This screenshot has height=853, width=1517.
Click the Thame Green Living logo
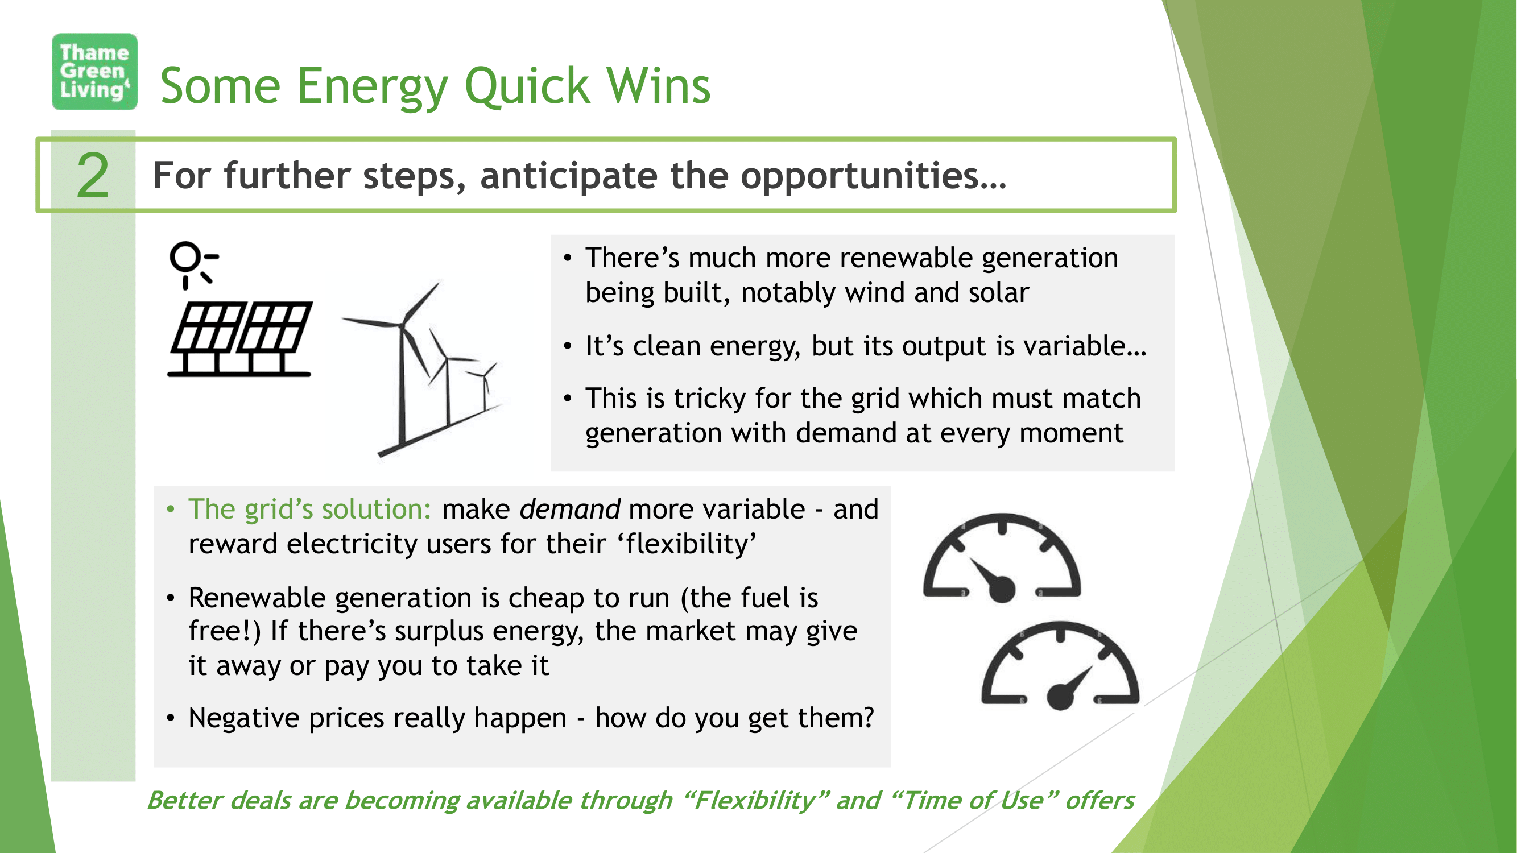point(94,71)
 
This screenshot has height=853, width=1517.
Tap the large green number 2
point(93,175)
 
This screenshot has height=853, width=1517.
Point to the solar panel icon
point(240,338)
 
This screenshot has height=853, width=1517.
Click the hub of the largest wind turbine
point(402,325)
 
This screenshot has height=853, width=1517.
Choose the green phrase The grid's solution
point(310,509)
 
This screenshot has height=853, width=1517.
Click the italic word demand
point(569,509)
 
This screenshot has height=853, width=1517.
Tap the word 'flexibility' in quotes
point(687,543)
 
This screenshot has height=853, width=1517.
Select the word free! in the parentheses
point(224,631)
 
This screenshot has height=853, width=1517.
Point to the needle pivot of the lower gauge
point(1060,697)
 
